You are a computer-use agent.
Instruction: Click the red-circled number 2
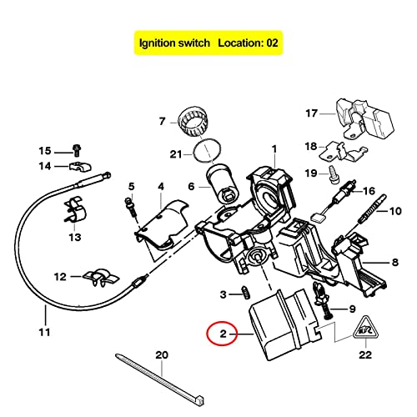(x=221, y=335)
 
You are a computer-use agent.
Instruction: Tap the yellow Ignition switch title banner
(x=208, y=41)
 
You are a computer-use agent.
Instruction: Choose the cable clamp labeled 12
(x=96, y=277)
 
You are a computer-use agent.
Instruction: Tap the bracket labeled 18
(x=342, y=150)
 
